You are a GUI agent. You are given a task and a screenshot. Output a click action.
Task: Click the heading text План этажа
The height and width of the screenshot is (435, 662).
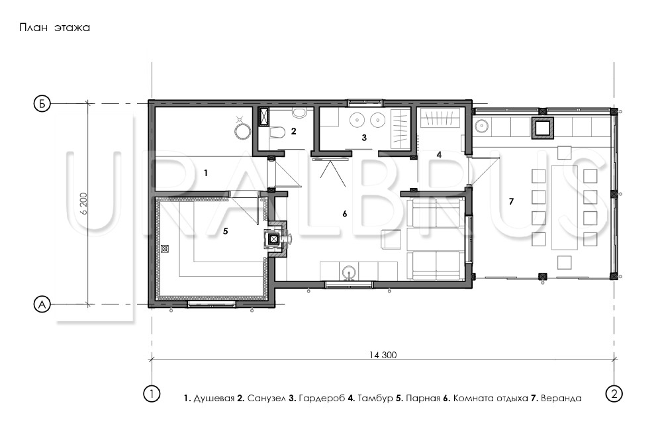(54, 28)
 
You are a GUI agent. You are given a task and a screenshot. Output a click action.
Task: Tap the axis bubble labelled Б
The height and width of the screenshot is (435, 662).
(42, 104)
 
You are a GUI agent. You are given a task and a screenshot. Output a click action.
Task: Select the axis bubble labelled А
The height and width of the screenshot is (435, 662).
(42, 304)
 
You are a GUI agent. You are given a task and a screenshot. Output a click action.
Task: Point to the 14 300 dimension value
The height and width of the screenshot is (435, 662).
(383, 355)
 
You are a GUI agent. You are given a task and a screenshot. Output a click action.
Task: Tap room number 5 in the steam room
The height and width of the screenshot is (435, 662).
(226, 231)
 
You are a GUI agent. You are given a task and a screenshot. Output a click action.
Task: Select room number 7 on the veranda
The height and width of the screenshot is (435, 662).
(511, 201)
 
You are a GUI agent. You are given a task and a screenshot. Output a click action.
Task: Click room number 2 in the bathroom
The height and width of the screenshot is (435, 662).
(293, 131)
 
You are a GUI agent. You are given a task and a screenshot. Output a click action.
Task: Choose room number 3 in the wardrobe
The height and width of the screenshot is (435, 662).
(364, 137)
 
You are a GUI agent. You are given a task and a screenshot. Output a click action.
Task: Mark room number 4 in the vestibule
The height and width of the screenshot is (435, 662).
(439, 154)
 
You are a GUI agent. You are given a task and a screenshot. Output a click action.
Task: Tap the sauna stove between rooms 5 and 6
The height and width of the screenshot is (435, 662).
(274, 239)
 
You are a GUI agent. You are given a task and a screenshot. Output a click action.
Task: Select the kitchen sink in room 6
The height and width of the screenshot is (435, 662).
(349, 272)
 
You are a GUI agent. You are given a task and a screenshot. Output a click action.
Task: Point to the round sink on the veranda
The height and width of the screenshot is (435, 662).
(481, 126)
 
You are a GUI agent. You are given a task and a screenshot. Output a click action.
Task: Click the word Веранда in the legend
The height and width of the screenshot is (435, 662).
(561, 398)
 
